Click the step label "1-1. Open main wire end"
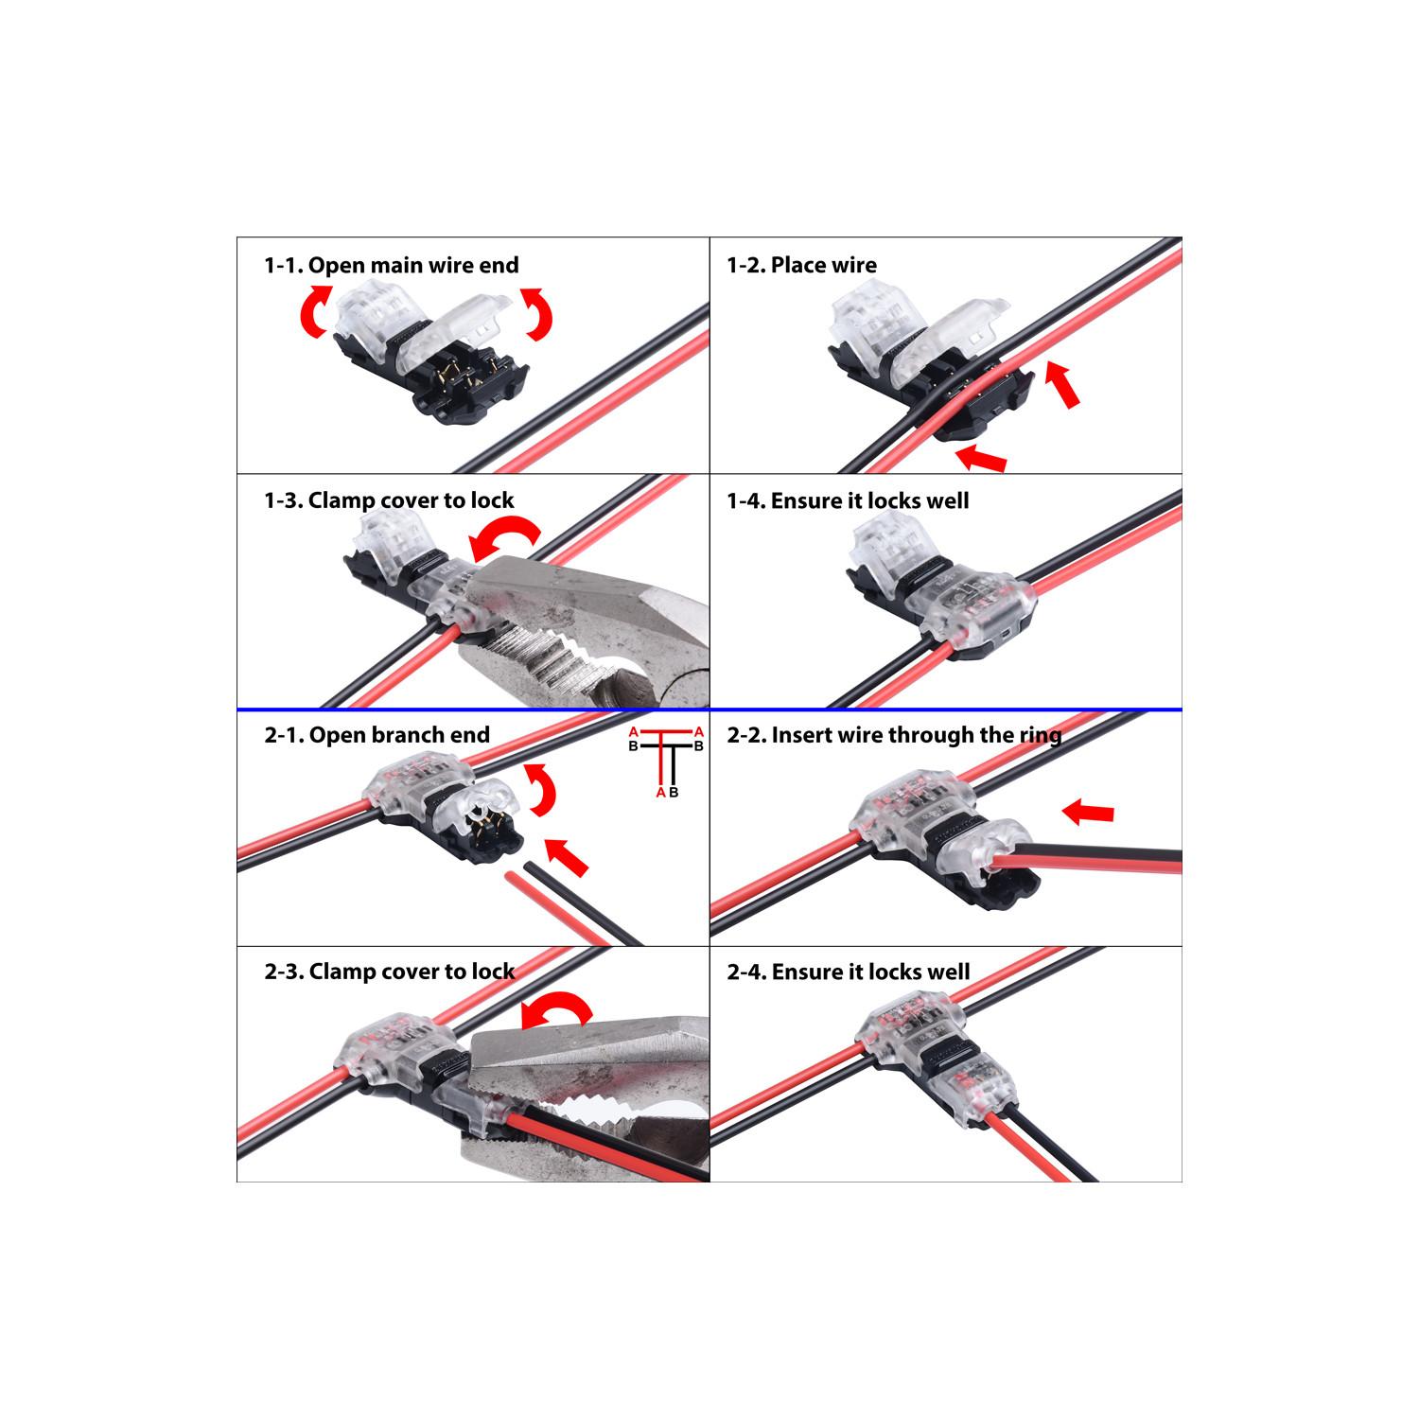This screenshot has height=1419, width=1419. tap(392, 266)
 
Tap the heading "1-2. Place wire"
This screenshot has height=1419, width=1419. tap(801, 265)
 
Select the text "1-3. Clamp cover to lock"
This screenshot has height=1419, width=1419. tap(389, 500)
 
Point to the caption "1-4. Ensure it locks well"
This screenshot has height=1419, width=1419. tap(848, 500)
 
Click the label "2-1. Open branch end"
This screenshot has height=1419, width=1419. tap(377, 735)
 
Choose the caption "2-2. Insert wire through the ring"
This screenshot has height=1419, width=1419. tap(894, 735)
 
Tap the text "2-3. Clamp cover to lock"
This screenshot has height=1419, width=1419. tap(390, 972)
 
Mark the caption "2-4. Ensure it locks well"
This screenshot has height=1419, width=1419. tap(849, 972)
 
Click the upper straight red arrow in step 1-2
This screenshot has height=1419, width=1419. tap(1063, 385)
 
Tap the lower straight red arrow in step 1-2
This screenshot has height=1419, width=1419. tap(981, 459)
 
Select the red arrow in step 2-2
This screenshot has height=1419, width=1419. tap(1087, 812)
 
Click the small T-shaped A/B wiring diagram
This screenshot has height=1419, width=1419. tap(668, 762)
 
